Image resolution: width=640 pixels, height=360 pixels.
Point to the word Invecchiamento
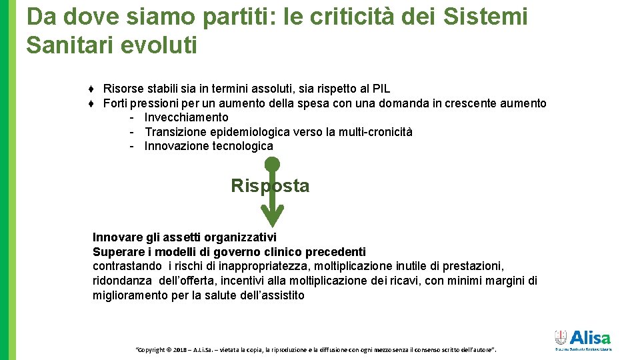186,117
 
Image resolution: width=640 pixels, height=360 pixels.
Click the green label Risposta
270,186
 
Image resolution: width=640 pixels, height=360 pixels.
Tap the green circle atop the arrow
272,163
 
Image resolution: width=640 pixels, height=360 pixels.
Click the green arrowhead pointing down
272,215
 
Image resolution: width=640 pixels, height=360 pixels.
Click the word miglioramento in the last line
130,295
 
